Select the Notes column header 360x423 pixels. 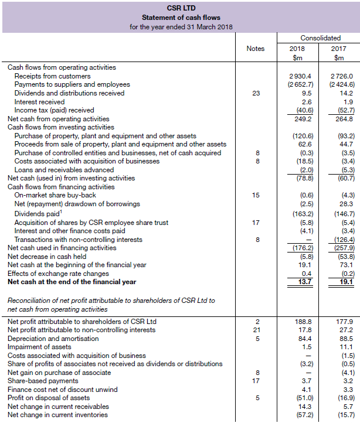click(255, 49)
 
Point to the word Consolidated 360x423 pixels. click(320, 38)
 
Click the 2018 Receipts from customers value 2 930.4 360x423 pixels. click(300, 76)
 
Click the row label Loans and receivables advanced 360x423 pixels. click(56, 169)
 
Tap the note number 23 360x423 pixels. click(255, 93)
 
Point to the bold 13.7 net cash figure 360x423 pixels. click(303, 282)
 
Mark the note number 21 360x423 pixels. click(256, 330)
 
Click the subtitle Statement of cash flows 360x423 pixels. click(181, 17)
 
